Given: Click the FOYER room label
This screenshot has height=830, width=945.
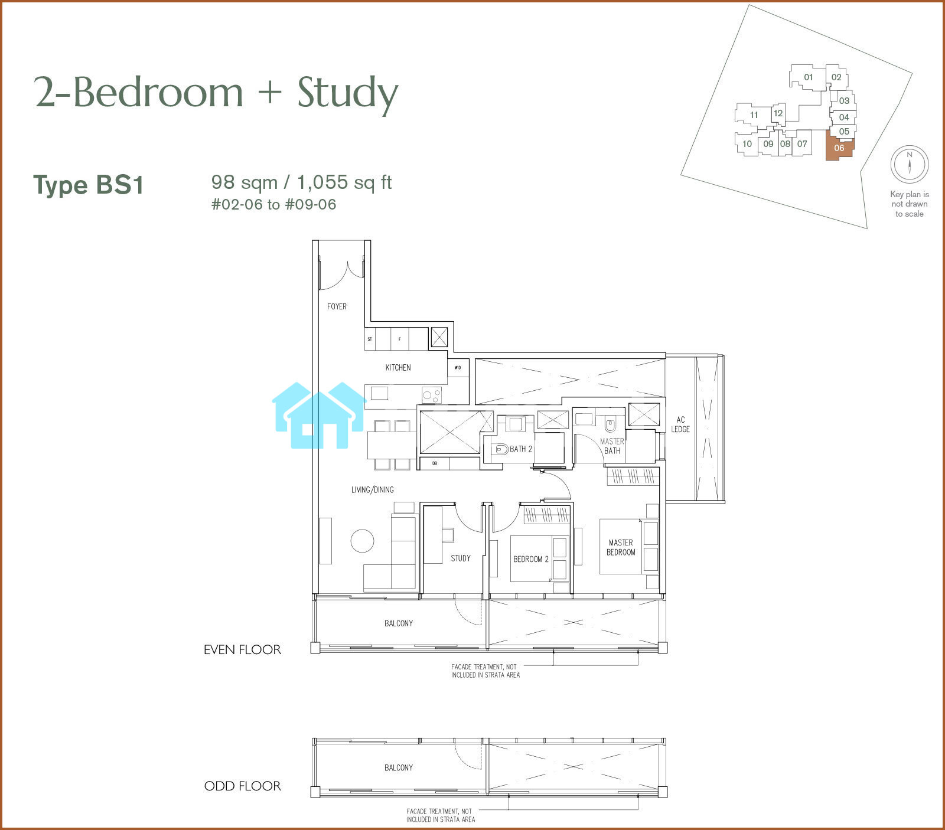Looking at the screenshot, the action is coord(337,306).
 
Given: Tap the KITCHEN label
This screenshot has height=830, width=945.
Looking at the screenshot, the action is coord(398,367).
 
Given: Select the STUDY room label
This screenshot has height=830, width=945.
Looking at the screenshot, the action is coord(461,558).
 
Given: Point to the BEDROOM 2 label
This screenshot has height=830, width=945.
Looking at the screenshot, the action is coord(531,559).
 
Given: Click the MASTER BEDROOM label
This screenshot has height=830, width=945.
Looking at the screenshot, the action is coord(621,547).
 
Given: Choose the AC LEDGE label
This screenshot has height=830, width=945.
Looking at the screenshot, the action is coord(680,424).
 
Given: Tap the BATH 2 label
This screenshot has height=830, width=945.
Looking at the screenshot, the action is coord(521,449).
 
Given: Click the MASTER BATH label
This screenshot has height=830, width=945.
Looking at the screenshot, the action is coord(612,446).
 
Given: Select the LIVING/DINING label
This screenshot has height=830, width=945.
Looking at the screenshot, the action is coord(372,489).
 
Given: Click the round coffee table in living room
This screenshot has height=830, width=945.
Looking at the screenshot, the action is coord(362,541).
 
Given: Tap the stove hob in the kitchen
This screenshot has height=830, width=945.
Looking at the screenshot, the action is coord(431,394).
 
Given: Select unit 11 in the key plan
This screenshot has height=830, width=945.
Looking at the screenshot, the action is coord(754,115).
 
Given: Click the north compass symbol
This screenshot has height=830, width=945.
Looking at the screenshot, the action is coord(910,164).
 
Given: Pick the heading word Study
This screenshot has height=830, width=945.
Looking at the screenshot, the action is coord(348,93).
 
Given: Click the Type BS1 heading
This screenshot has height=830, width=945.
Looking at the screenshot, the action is coord(89,185).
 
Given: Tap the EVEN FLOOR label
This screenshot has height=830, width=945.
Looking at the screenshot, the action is coord(242,650).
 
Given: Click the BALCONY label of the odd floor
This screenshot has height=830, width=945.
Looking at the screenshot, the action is coord(399,767).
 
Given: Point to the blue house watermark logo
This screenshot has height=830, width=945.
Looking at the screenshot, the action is coord(319,415).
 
